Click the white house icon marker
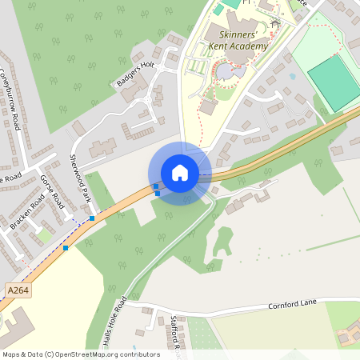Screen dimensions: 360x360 tap(180, 173)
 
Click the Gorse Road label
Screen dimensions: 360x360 tap(52, 190)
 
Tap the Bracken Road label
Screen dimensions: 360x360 tap(26, 211)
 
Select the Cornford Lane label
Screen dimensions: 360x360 tap(293, 303)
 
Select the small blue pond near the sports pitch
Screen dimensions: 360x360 tap(291, 77)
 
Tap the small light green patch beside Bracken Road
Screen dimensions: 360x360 tap(45, 237)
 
